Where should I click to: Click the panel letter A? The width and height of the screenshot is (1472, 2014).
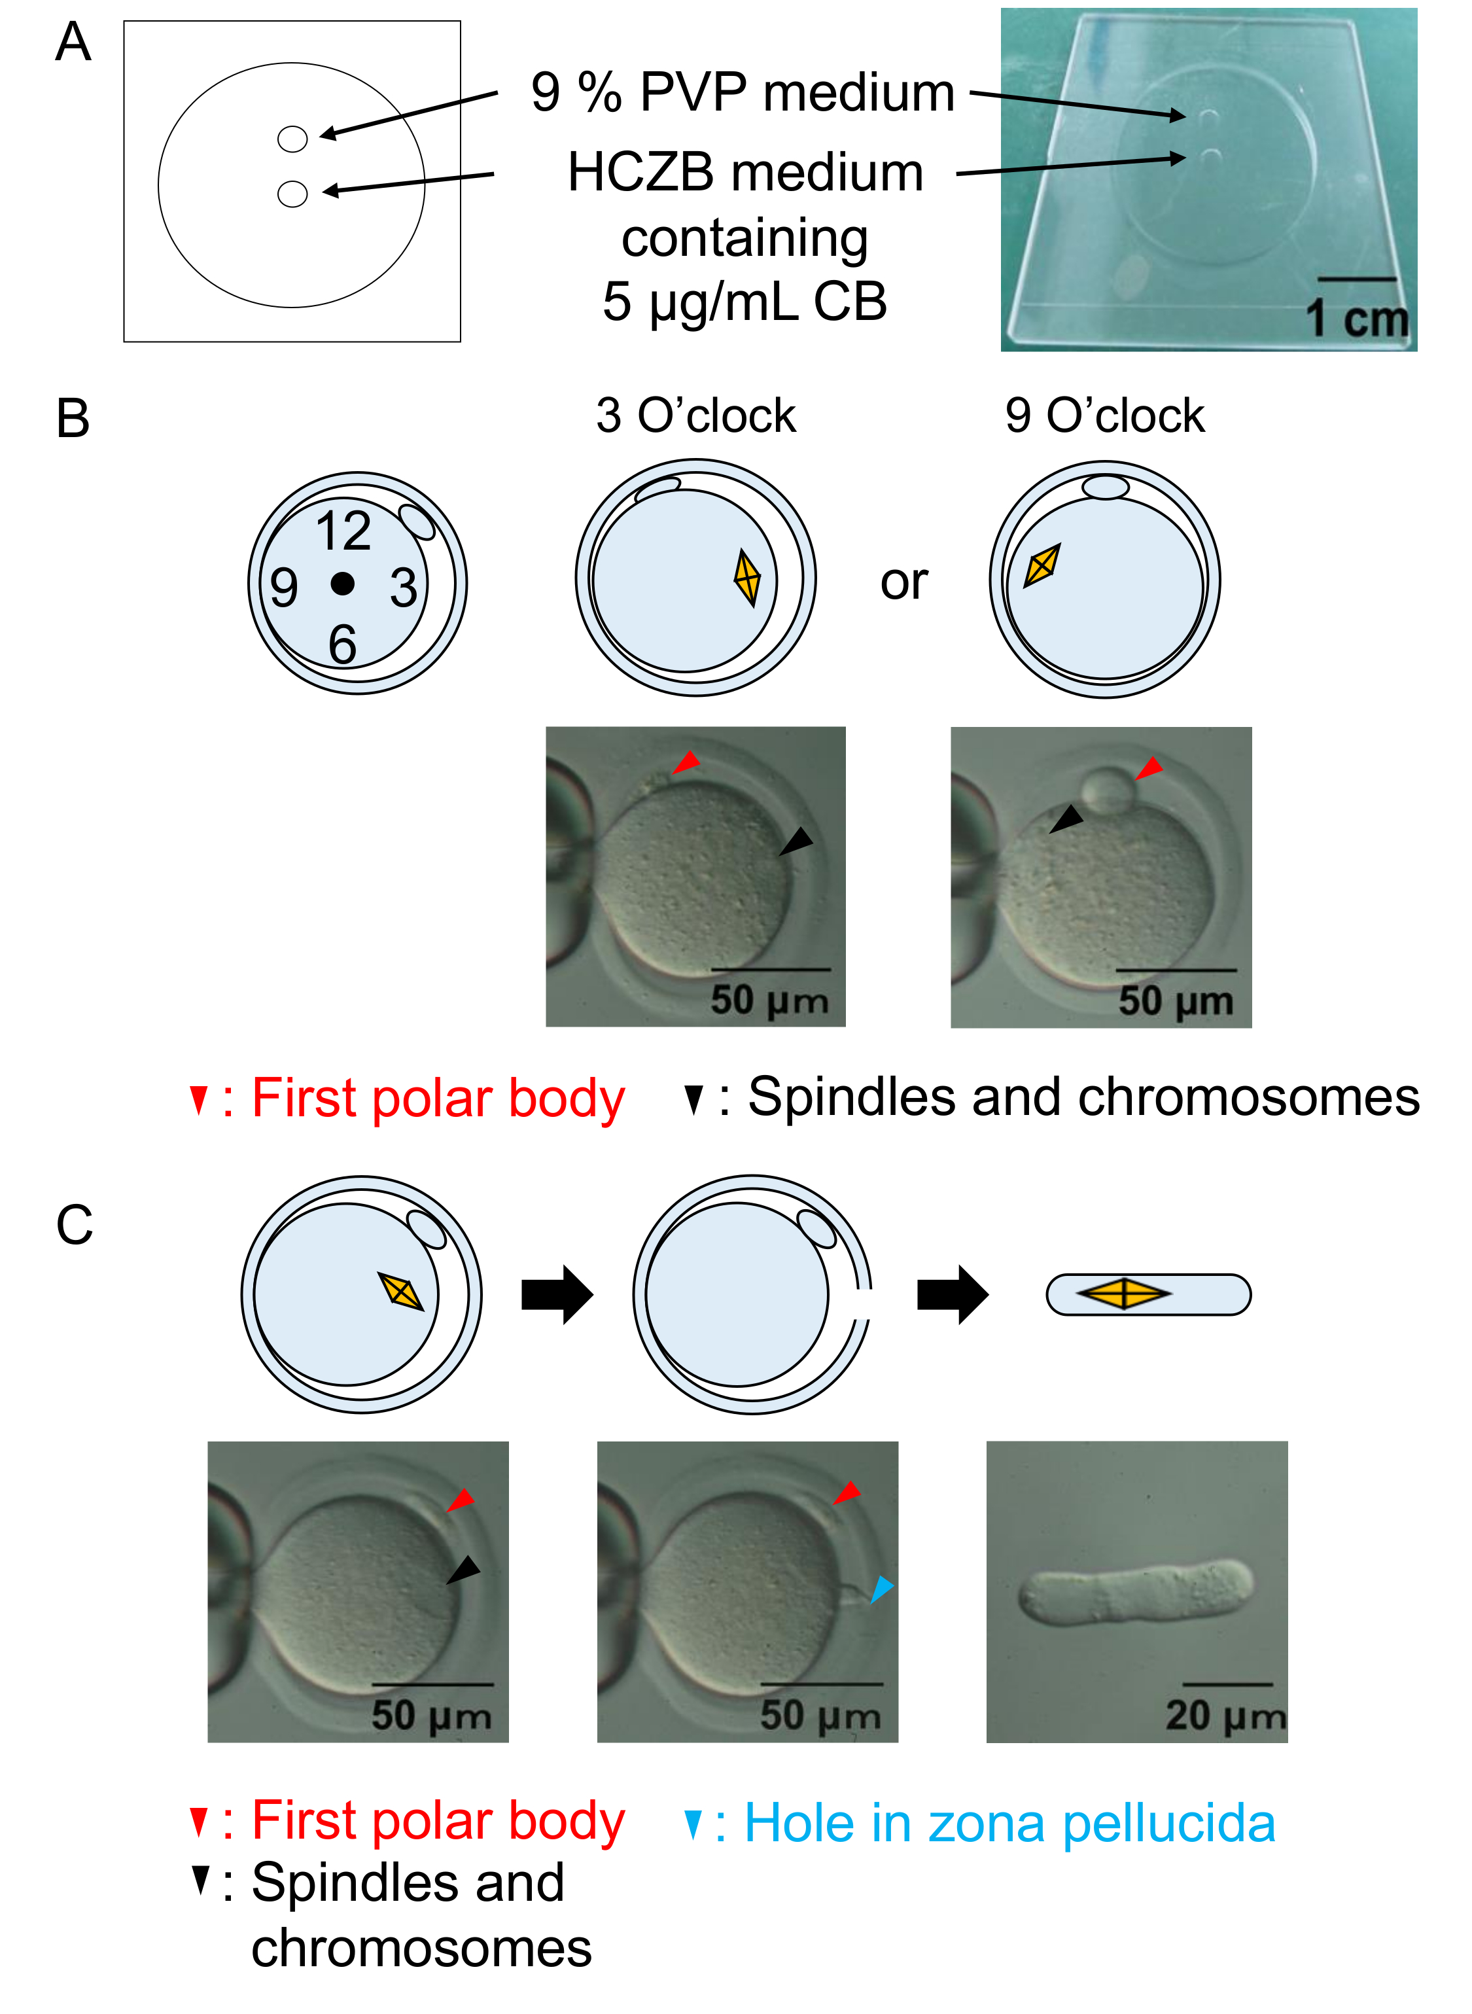[73, 42]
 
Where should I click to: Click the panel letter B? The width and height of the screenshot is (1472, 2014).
[73, 418]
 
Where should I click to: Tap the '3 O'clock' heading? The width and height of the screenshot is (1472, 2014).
[696, 415]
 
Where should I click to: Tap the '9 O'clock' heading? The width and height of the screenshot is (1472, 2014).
[1105, 415]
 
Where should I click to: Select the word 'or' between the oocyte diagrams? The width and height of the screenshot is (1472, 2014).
[903, 583]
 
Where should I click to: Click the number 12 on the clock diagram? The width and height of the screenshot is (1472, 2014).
[343, 531]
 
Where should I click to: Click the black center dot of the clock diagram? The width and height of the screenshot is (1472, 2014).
[342, 584]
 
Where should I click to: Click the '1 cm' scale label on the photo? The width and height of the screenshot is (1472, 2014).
[1357, 318]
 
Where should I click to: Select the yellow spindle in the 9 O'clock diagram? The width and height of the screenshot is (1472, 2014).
[1042, 565]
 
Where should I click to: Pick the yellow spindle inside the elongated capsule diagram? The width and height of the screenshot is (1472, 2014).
[1125, 1294]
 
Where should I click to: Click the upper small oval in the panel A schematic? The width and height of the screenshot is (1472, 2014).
[292, 139]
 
